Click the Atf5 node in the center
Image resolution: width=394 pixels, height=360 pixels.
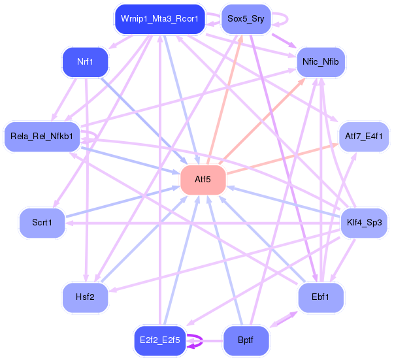coord(203,180)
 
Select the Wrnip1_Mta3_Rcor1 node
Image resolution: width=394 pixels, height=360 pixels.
coord(160,19)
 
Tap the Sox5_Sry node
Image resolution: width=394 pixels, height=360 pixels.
coord(246,19)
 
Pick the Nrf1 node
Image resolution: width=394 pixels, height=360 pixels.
coord(85,62)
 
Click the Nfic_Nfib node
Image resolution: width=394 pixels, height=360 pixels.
coord(321,62)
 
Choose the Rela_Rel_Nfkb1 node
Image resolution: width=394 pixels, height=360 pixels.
coord(42,137)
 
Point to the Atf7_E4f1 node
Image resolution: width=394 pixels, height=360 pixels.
coord(364,137)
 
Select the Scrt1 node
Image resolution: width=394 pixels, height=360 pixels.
coord(42,223)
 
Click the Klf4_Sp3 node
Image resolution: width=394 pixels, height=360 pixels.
coord(364,223)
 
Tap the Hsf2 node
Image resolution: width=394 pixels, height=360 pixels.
coord(85,297)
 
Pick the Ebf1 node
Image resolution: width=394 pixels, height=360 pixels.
coord(321,297)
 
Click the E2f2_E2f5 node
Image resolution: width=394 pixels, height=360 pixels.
coord(160,340)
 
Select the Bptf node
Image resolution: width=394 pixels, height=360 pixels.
coord(246,340)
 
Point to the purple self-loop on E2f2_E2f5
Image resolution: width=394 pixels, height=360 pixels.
coord(202,340)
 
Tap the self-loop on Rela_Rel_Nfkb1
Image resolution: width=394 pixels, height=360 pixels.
coord(96,136)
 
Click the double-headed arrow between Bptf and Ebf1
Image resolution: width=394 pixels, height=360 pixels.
coord(284,319)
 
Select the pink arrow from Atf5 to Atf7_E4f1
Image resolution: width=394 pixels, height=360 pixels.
coord(283,159)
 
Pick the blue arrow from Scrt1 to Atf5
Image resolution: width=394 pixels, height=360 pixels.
coord(123,202)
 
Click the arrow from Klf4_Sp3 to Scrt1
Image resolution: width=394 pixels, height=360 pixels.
coord(203,223)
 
